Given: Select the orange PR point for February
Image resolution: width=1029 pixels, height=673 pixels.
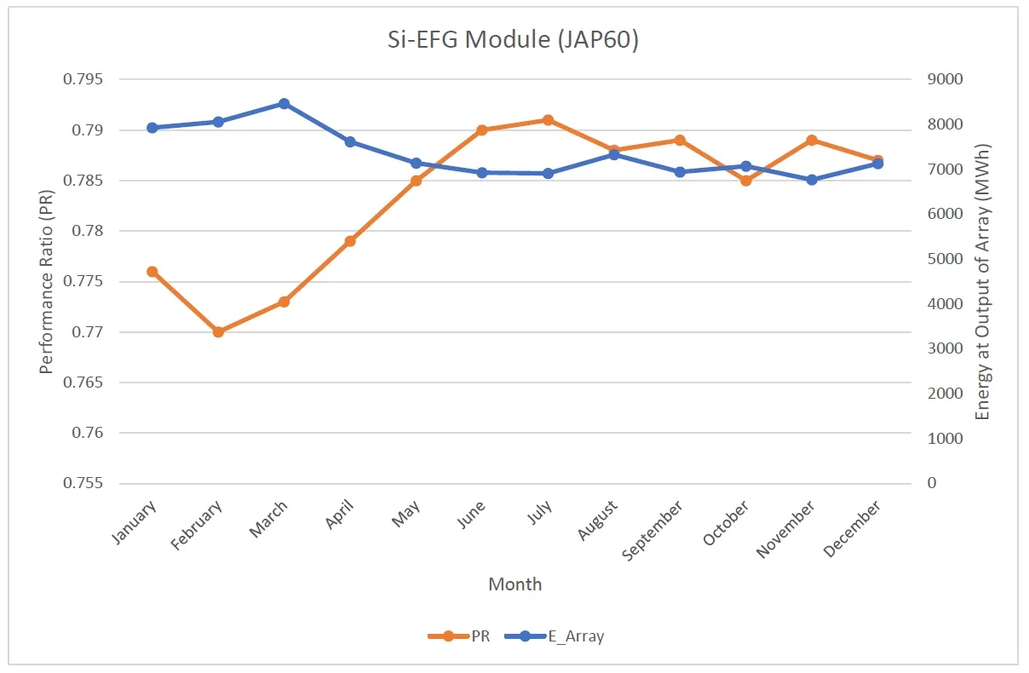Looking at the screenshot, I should [x=218, y=331].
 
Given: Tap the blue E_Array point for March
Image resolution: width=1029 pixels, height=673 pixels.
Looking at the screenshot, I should [x=284, y=104].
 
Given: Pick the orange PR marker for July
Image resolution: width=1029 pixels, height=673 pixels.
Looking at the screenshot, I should [x=548, y=120].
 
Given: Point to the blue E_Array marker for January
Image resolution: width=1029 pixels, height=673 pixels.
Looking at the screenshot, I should [x=152, y=128].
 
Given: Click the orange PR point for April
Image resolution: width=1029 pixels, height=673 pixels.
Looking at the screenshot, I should [x=350, y=241].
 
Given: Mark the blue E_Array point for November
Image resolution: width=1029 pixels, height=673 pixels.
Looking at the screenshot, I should [x=812, y=180].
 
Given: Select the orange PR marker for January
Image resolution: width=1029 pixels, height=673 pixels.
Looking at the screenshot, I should [x=152, y=272].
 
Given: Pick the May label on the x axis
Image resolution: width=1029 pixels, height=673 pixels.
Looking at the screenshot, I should [x=408, y=515].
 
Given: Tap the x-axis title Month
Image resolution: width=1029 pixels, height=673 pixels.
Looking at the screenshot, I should [x=514, y=584].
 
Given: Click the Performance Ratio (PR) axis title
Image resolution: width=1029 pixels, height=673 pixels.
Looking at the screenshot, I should [x=48, y=281].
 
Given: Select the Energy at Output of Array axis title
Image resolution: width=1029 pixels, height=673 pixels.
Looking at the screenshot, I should [x=983, y=281].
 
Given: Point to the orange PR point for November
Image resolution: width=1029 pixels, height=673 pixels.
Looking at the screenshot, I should [x=812, y=140].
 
